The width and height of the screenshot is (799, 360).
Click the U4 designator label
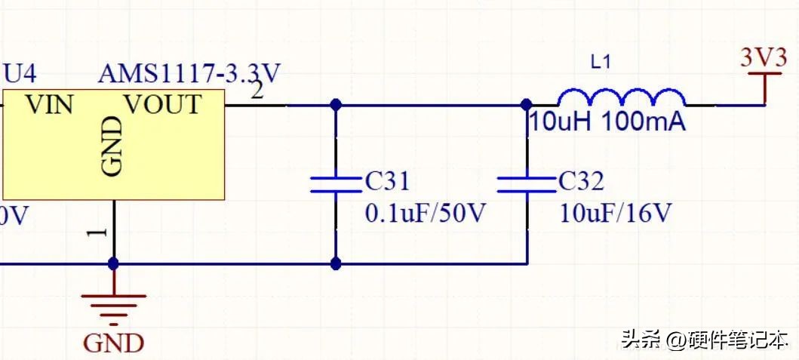coord(20,75)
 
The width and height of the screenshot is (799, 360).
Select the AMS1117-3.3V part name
coord(189,74)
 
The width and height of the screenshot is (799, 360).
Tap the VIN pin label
coord(50,105)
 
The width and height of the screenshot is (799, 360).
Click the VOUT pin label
coord(163,105)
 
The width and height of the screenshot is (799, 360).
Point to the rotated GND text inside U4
coord(112,146)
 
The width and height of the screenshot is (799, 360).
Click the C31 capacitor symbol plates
coord(335,184)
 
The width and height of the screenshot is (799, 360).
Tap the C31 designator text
coord(387,181)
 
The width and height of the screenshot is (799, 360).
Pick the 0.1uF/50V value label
coord(424,214)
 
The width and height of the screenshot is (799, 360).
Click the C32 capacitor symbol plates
coord(527,184)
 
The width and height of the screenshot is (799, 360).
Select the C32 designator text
coord(582,181)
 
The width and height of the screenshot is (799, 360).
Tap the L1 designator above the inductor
coord(600,63)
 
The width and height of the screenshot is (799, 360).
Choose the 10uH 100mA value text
coord(608,123)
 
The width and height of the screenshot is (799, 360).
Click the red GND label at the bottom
coord(114,343)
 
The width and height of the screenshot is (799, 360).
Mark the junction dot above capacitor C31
coord(335,105)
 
